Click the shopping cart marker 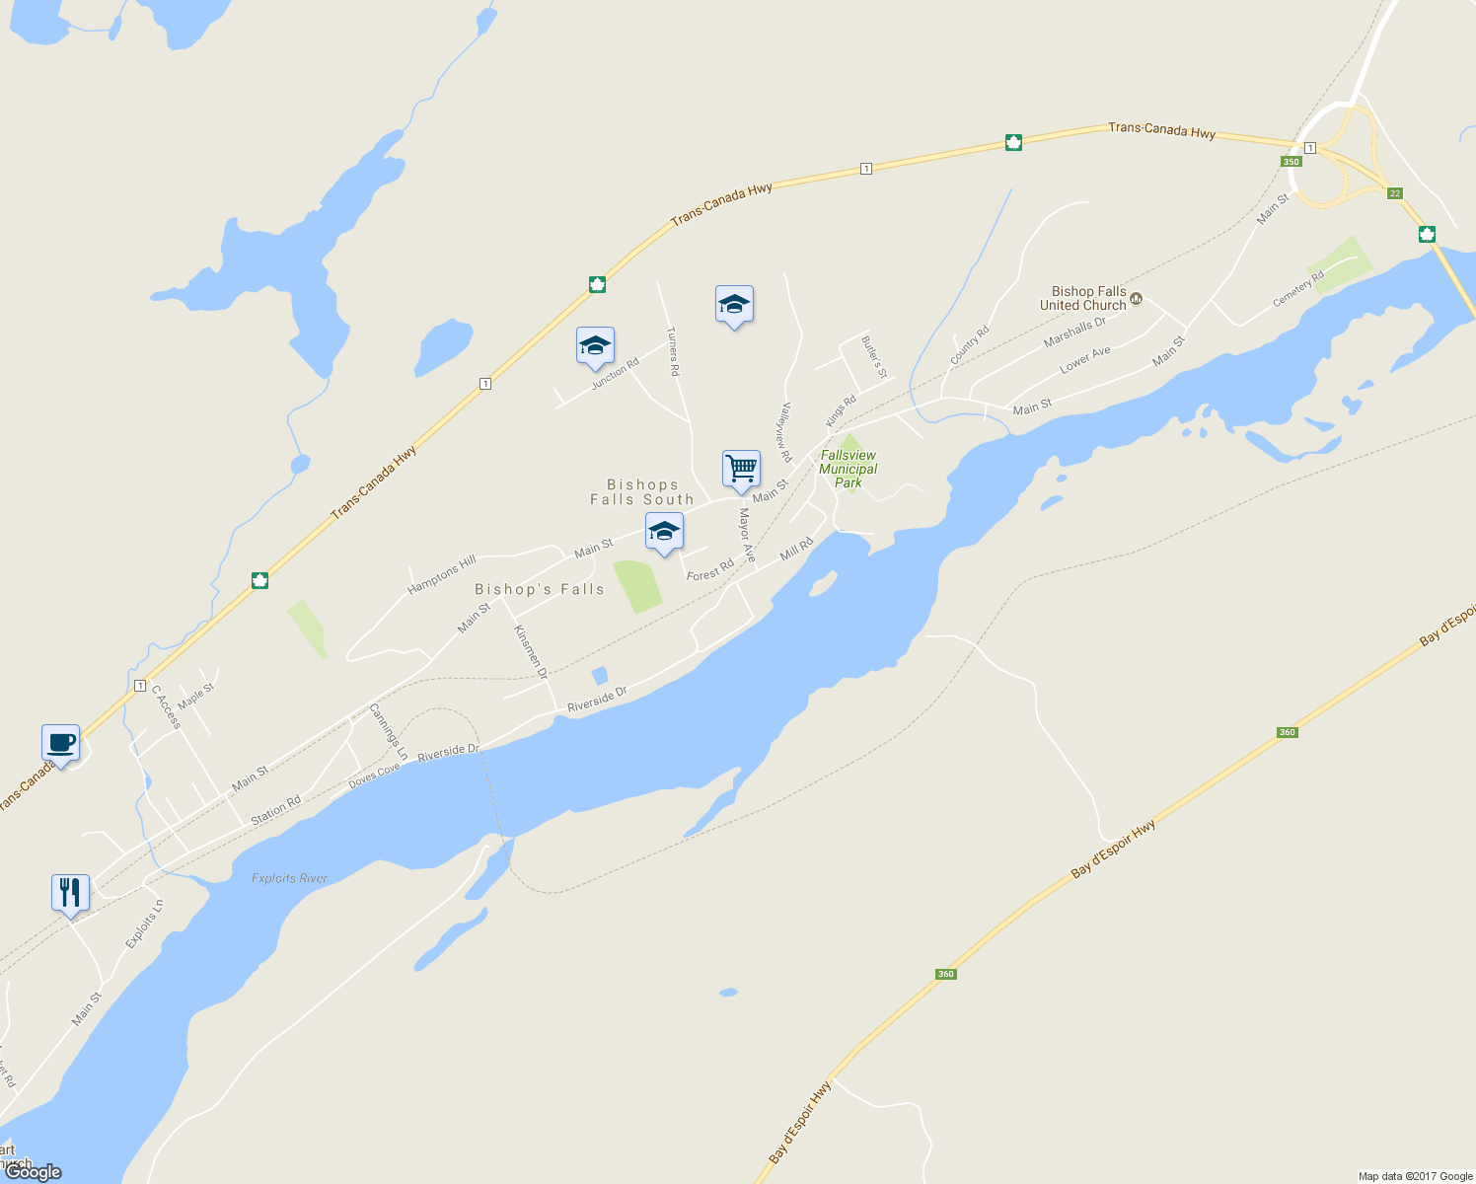coord(741,468)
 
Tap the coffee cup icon coord(60,743)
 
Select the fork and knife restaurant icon coord(70,893)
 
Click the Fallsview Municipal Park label coord(849,469)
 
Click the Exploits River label coord(289,878)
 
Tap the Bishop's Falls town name coord(540,589)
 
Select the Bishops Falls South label coord(642,491)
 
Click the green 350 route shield coord(1291,162)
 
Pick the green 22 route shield coord(1394,193)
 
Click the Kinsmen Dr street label coord(531,651)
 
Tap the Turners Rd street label coord(673,351)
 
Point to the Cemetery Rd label coord(1297,289)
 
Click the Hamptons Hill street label coord(442,574)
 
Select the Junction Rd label coord(615,374)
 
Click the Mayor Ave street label coord(747,536)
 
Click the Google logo coord(34,1172)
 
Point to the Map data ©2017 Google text coord(1415,1176)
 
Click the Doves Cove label coord(374,776)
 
